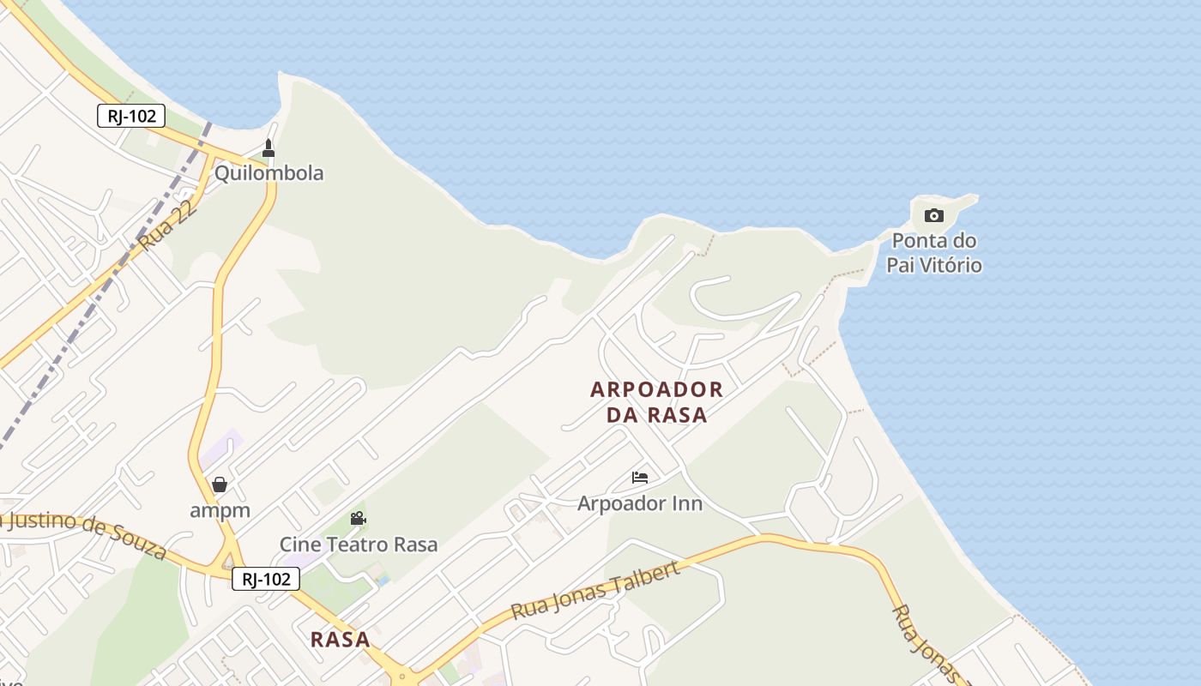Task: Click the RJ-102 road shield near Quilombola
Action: tap(131, 116)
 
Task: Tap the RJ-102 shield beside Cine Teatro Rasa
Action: tap(266, 579)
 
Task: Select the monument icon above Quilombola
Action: tap(269, 148)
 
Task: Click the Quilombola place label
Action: tap(269, 173)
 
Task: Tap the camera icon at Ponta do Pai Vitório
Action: tap(934, 215)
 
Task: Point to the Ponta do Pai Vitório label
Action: tap(934, 253)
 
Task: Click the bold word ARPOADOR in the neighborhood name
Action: tap(657, 390)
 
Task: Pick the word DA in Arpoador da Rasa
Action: tap(625, 415)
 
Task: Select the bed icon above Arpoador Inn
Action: tap(640, 478)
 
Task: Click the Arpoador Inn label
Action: tap(640, 503)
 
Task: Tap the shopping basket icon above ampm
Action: tap(220, 484)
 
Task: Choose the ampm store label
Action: tap(220, 510)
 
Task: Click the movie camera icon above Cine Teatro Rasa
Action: tap(358, 518)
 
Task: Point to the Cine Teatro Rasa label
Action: tap(358, 545)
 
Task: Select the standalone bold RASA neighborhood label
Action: tap(341, 640)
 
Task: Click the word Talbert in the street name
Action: tap(640, 582)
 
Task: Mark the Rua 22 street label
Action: tap(167, 227)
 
